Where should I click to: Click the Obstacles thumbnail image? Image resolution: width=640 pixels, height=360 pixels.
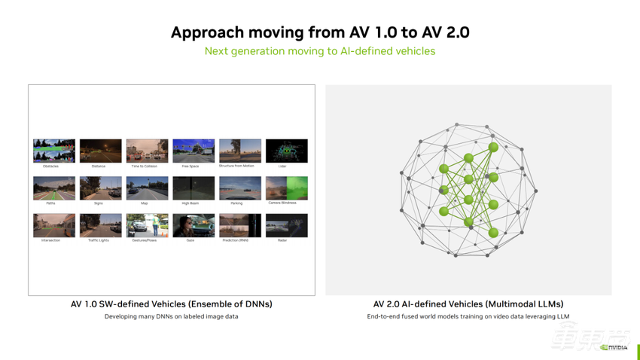click(54, 151)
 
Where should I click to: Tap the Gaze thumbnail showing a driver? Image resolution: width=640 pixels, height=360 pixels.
click(194, 225)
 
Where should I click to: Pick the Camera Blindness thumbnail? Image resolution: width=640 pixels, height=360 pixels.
click(287, 188)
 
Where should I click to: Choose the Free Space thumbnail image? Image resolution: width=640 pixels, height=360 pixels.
click(194, 151)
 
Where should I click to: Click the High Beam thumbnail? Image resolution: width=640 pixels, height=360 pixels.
click(194, 188)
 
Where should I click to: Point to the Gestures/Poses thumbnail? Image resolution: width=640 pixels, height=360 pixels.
click(147, 225)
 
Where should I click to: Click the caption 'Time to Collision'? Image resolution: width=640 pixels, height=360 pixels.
click(147, 166)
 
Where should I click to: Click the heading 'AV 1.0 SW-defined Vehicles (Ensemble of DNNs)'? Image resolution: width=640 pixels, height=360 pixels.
click(172, 304)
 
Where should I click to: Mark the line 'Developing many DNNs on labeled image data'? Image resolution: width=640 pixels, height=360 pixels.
click(172, 317)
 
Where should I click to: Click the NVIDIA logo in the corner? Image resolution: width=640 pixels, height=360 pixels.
click(616, 347)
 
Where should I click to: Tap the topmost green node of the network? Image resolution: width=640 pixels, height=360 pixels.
click(494, 148)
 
